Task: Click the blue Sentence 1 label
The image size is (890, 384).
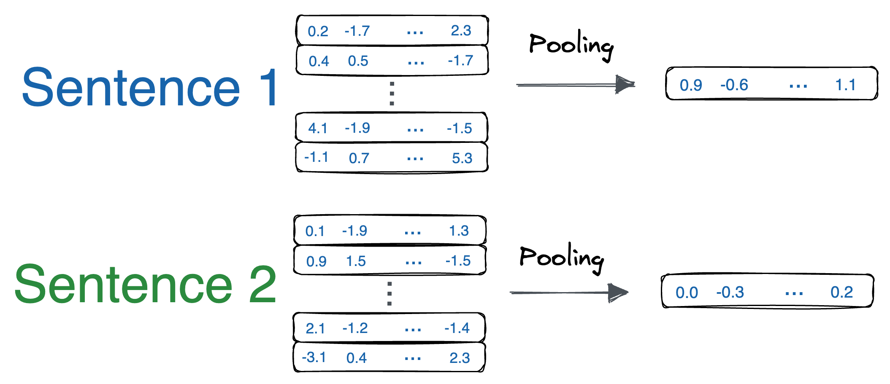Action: pos(150,88)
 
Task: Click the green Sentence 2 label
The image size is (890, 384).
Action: pos(146,285)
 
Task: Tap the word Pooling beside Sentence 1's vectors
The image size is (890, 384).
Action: pos(571,46)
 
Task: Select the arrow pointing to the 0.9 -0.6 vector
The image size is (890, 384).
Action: pos(576,85)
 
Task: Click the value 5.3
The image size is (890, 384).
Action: pos(462,158)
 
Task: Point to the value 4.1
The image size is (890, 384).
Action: pos(317,128)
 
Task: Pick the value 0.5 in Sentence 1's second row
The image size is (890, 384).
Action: pos(358,61)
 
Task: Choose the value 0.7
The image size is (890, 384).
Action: pos(359,158)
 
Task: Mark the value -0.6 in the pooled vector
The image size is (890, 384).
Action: pos(734,85)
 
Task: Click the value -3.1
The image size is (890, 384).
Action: pos(314,357)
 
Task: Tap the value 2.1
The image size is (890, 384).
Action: pos(315,328)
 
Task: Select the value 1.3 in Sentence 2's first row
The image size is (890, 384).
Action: pos(459,231)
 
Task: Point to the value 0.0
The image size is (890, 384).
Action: pos(687,293)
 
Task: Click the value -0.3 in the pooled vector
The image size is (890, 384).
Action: pos(730,293)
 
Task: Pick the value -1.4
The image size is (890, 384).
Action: pos(457,328)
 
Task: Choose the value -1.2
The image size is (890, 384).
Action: pos(355,328)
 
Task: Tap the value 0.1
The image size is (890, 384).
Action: pos(315,231)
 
